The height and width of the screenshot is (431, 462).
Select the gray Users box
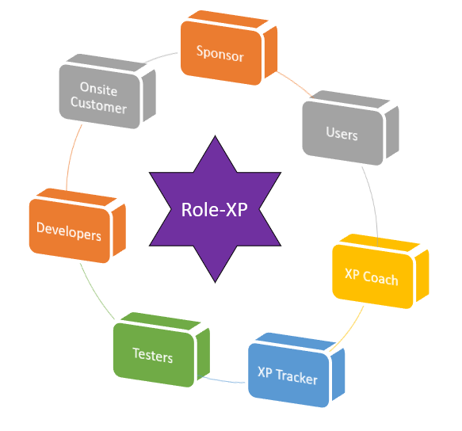tap(342, 134)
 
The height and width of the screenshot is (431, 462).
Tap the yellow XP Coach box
tap(371, 277)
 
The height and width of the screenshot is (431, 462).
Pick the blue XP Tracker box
tap(287, 375)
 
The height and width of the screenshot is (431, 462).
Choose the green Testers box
tap(153, 357)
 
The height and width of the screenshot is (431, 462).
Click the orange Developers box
tap(69, 235)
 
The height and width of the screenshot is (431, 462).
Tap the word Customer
tap(98, 106)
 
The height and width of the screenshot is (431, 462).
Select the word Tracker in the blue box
tap(297, 375)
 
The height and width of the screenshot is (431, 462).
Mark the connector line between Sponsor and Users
tap(292, 78)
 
